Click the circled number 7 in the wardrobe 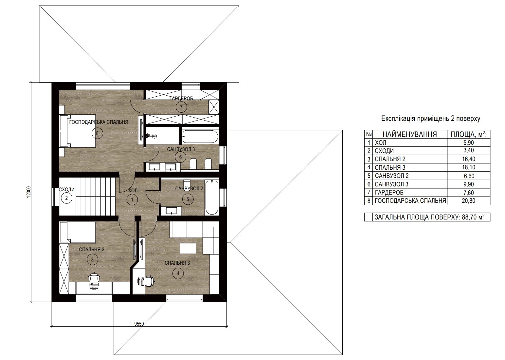(x=181, y=107)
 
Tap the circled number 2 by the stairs (x=66, y=199)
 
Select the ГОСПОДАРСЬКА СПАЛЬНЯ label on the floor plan (x=99, y=122)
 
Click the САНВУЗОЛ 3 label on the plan (x=181, y=149)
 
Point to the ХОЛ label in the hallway (x=133, y=191)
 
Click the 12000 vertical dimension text (x=28, y=192)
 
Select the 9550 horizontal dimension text (x=139, y=324)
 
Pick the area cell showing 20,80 (x=468, y=201)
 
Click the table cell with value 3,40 (x=468, y=150)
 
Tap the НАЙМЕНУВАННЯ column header (x=410, y=135)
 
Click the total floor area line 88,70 (x=429, y=217)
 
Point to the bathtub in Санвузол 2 (x=212, y=198)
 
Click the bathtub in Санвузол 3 (x=200, y=137)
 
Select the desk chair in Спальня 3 (x=149, y=281)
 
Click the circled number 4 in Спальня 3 (x=178, y=274)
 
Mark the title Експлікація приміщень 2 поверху (x=431, y=119)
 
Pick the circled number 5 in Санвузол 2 (x=188, y=199)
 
